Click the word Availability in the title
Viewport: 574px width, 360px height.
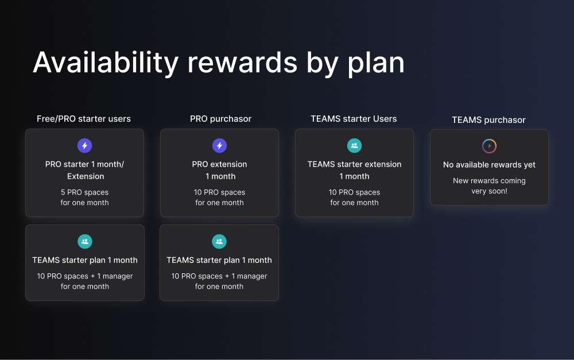(106, 63)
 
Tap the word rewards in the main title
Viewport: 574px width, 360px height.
(242, 63)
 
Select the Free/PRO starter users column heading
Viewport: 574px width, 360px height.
(84, 119)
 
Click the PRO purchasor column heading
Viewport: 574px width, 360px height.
(221, 119)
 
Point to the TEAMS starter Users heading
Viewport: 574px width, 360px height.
(354, 119)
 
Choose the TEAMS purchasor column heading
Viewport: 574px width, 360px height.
(488, 120)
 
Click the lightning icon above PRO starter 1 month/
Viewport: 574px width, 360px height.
(84, 146)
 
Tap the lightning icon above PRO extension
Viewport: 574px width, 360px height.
(220, 146)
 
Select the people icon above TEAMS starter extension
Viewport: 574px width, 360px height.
(354, 146)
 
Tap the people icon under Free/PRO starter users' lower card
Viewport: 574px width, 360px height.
(85, 241)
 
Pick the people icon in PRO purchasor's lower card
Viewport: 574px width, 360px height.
(219, 241)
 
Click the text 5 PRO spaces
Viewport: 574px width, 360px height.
(84, 192)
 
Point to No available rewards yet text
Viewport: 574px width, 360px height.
(490, 165)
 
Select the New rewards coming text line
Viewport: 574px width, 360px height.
(490, 181)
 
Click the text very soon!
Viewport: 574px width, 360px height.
(490, 191)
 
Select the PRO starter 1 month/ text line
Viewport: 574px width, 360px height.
(84, 164)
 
